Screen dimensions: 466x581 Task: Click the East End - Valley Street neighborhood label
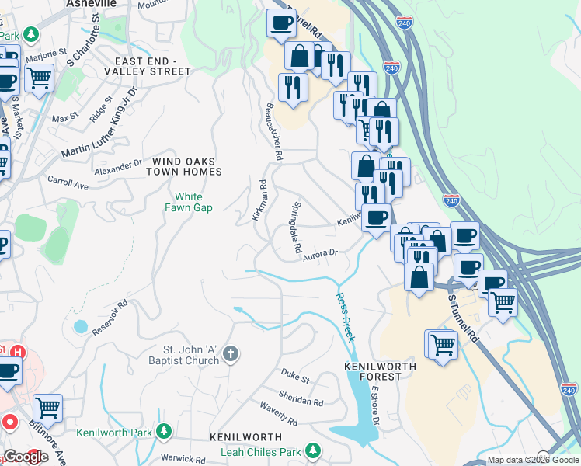point(152,65)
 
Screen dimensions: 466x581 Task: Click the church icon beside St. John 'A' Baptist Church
point(230,355)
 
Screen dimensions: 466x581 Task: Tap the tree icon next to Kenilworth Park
point(164,432)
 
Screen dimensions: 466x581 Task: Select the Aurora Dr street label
point(321,253)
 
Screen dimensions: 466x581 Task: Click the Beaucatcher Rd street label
point(273,132)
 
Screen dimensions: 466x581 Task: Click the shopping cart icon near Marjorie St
point(39,77)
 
